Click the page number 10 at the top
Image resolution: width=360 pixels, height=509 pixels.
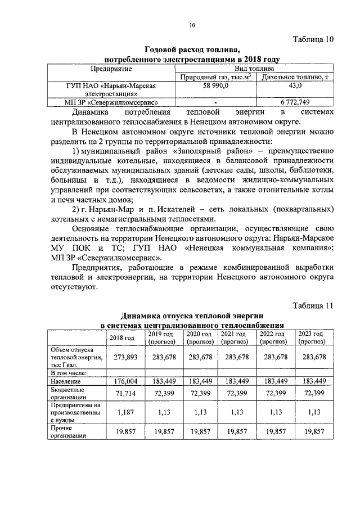(x=192, y=25)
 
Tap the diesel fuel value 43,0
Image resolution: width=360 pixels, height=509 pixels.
(x=295, y=85)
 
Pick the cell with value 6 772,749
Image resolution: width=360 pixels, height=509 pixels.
(x=295, y=102)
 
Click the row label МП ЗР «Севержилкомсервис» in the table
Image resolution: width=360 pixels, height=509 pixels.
(x=111, y=102)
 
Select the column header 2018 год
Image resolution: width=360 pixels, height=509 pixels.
(x=121, y=337)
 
